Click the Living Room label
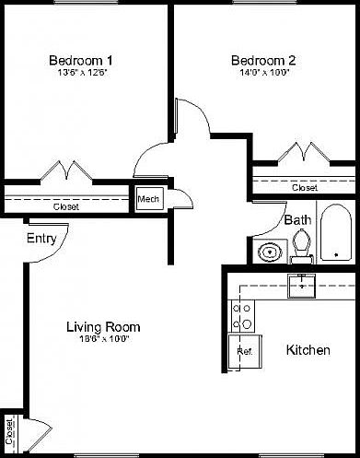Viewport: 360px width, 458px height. tap(103, 326)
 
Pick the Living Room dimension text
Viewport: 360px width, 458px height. tap(103, 339)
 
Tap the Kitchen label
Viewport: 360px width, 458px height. tap(308, 351)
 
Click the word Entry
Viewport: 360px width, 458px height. tap(41, 239)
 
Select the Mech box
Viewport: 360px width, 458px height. tap(147, 198)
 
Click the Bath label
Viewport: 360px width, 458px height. tap(296, 220)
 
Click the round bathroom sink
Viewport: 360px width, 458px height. tap(271, 251)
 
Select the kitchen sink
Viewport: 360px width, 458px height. tap(301, 285)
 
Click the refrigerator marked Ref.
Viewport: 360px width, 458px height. tap(244, 351)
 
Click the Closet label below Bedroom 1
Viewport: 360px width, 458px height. tap(65, 206)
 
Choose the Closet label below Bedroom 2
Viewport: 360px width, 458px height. tap(305, 187)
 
